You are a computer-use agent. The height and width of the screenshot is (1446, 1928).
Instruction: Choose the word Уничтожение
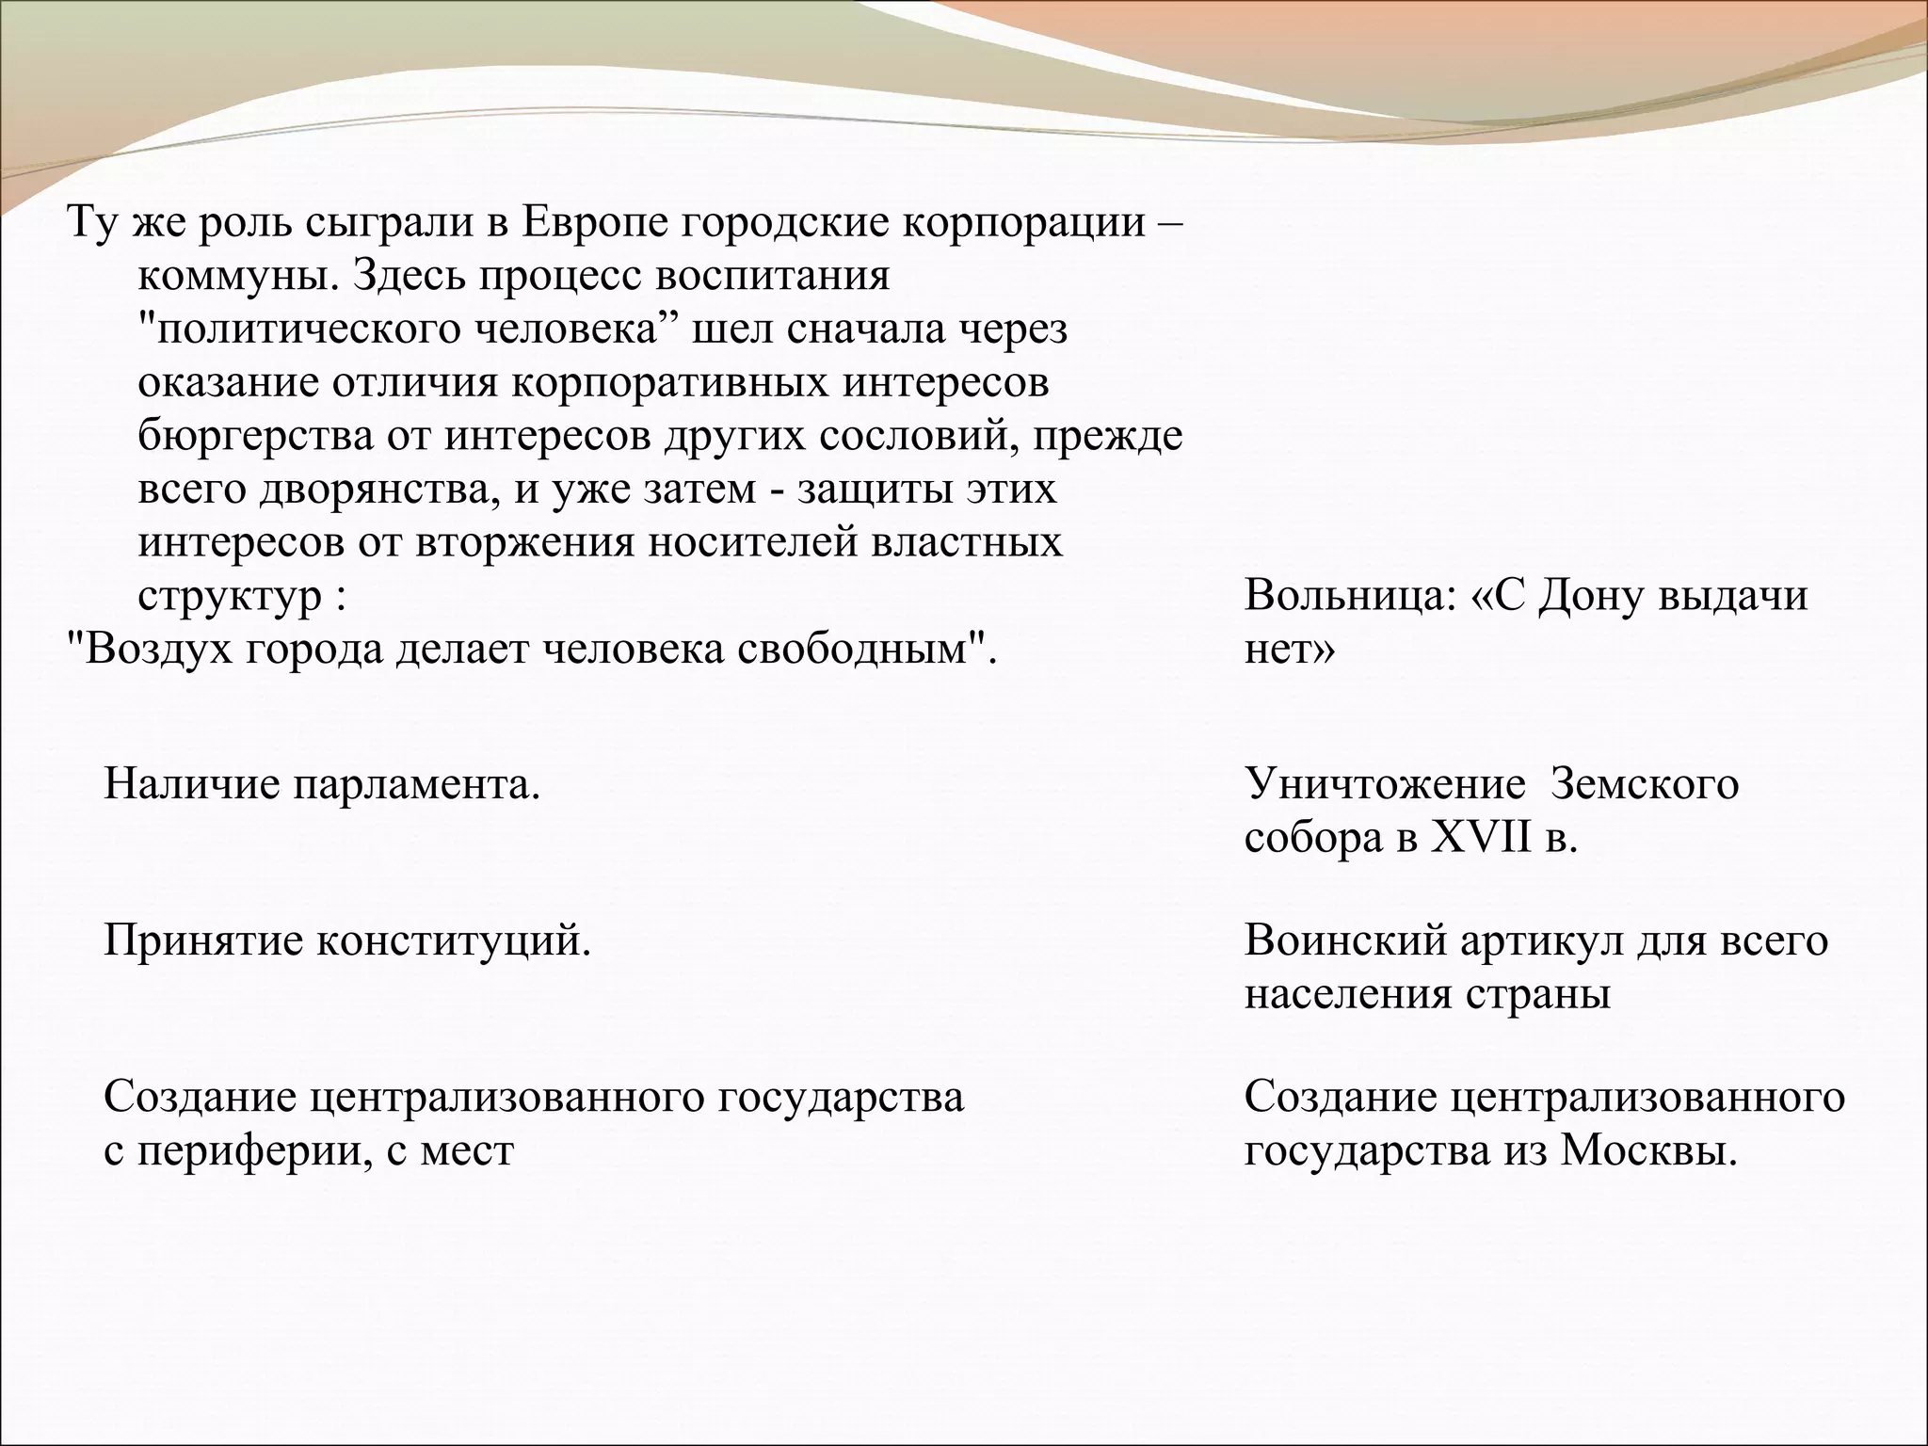1384,784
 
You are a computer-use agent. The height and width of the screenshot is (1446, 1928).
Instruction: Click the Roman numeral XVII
1481,838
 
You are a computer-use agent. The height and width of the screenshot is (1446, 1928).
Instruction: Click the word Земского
1644,784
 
